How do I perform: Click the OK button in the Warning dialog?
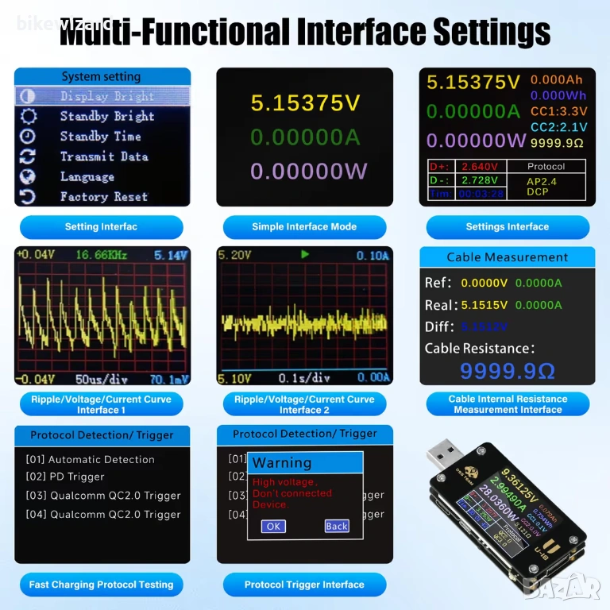point(273,526)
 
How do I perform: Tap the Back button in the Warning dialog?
point(337,526)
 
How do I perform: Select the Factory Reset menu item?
point(104,197)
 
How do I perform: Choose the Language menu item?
point(87,176)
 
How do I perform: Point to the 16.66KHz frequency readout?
point(102,256)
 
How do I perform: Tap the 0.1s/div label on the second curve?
point(304,379)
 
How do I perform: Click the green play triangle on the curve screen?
point(303,256)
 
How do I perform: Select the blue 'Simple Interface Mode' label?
point(304,227)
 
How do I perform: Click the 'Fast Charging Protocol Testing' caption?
point(101,585)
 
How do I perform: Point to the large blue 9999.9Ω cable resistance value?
point(508,370)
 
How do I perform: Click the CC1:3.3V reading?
point(558,111)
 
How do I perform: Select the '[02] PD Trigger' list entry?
point(65,477)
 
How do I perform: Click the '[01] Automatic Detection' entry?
point(90,459)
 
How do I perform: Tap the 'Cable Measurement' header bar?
point(508,257)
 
